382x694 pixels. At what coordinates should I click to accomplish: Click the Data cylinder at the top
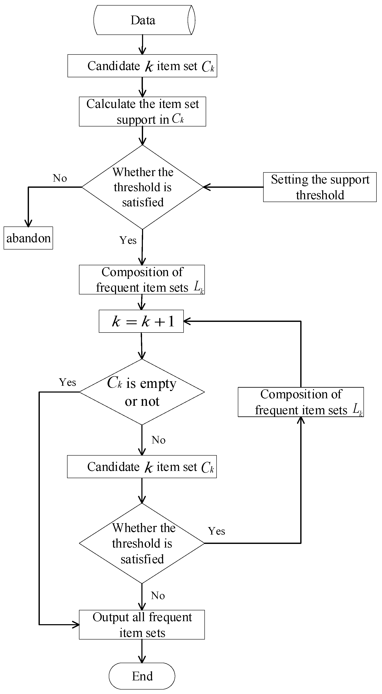(144, 20)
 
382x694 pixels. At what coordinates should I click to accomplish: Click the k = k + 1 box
(141, 321)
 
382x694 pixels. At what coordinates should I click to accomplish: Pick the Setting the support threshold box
(320, 187)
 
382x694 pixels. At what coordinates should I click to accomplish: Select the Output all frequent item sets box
(142, 624)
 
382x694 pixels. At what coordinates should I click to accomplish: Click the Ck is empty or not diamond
(142, 392)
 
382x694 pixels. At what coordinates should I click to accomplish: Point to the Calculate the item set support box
(142, 112)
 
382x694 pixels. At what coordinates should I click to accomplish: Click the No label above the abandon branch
(60, 178)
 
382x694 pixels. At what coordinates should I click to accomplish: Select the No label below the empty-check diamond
(158, 440)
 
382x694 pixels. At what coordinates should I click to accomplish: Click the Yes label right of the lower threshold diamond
(216, 531)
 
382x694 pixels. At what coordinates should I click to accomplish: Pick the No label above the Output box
(158, 596)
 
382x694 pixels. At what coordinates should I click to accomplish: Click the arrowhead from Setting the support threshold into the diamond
(207, 187)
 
